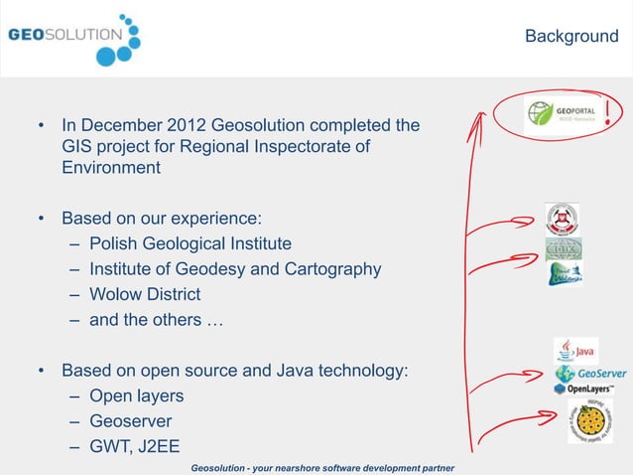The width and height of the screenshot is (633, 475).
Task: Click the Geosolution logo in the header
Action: pyautogui.click(x=74, y=38)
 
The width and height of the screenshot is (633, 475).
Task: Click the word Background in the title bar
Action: pyautogui.click(x=570, y=37)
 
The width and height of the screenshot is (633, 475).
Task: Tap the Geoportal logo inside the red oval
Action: pyautogui.click(x=563, y=116)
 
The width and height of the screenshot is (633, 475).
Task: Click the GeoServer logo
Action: pyautogui.click(x=590, y=374)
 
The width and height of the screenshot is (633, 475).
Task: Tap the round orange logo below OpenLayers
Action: pyautogui.click(x=590, y=421)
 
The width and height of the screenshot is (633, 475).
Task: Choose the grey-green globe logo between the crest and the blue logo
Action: pyautogui.click(x=563, y=248)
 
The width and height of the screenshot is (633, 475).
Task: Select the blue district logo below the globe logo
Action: pyautogui.click(x=564, y=273)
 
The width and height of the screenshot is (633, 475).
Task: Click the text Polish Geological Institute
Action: pyautogui.click(x=190, y=243)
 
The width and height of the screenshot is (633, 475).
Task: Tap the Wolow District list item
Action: pyautogui.click(x=145, y=294)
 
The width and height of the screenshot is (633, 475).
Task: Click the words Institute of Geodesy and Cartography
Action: pyautogui.click(x=235, y=269)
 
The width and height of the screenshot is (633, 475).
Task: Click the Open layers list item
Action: pyautogui.click(x=137, y=396)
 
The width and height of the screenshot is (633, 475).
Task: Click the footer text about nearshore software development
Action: pyautogui.click(x=322, y=467)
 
